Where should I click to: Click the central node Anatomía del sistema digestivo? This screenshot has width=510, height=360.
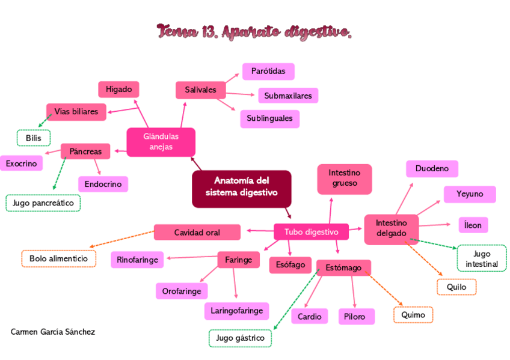pyautogui.click(x=241, y=187)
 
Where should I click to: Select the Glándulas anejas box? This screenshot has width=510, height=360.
pyautogui.click(x=161, y=142)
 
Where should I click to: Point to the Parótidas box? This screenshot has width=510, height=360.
pyautogui.click(x=268, y=72)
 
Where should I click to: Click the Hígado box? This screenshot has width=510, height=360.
pyautogui.click(x=118, y=90)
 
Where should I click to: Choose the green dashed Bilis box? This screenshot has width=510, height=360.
pyautogui.click(x=34, y=138)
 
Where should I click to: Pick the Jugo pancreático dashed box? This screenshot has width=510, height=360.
pyautogui.click(x=43, y=203)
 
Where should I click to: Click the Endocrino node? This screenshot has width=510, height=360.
pyautogui.click(x=103, y=184)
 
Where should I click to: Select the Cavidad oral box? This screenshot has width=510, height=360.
pyautogui.click(x=197, y=232)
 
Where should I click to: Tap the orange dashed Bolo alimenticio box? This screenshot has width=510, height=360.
pyautogui.click(x=58, y=259)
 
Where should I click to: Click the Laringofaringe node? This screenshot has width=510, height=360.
pyautogui.click(x=236, y=311)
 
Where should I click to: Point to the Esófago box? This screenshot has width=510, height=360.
pyautogui.click(x=290, y=264)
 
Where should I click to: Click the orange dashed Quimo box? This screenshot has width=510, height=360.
pyautogui.click(x=413, y=314)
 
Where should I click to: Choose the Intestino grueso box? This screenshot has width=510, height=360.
pyautogui.click(x=344, y=178)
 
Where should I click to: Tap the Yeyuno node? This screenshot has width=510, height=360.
pyautogui.click(x=470, y=194)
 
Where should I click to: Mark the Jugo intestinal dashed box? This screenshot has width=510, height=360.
pyautogui.click(x=482, y=258)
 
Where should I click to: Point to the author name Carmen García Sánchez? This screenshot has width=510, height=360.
pyautogui.click(x=53, y=332)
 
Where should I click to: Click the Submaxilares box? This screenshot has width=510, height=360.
pyautogui.click(x=288, y=95)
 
